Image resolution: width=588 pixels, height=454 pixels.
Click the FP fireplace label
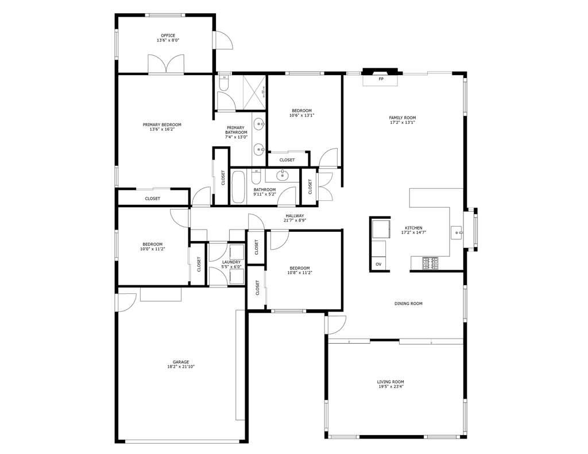pos(380,79)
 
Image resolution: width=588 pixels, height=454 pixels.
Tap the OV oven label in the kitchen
pos(378,263)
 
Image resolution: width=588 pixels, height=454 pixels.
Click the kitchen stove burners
pos(431,263)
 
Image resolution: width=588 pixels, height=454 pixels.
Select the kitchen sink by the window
pos(457,232)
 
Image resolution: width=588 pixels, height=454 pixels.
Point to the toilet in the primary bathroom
pos(223,86)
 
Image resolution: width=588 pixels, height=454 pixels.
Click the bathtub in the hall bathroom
pos(238,186)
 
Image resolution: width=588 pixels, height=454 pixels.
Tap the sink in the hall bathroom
pos(283,175)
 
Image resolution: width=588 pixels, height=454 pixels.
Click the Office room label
pos(168,35)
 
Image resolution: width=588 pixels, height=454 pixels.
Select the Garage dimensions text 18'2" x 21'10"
pos(178,367)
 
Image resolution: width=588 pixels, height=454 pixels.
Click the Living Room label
pos(390,382)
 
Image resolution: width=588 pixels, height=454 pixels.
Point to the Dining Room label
pos(408,303)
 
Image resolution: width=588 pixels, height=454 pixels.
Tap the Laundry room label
pos(231,262)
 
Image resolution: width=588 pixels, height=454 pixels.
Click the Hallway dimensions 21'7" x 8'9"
pos(295,220)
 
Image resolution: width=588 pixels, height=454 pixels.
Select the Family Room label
pos(402,117)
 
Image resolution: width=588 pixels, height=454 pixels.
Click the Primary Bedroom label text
pos(162,125)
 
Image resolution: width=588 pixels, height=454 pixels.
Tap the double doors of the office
pos(166,64)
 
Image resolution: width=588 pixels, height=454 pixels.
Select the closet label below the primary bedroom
pos(153,199)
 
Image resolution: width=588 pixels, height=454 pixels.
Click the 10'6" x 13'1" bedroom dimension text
pos(302,115)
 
